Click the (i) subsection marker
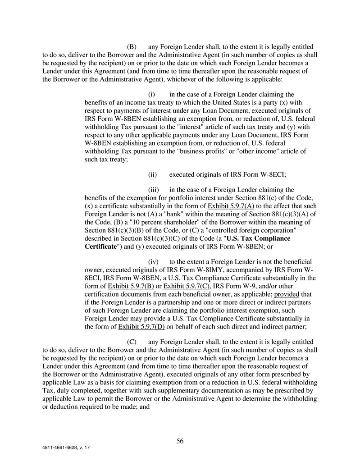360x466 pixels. click(x=152, y=95)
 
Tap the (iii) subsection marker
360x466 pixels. click(x=153, y=190)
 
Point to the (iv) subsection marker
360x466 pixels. click(x=152, y=261)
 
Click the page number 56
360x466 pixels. click(x=180, y=441)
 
